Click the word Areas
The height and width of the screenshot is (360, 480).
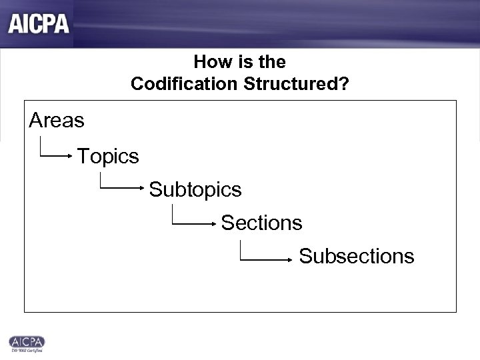57,121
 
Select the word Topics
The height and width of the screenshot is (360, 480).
108,157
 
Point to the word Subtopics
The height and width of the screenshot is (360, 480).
195,190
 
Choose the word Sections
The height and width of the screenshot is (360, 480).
261,223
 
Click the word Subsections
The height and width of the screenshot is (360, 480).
357,256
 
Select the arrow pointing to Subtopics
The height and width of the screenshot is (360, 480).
123,189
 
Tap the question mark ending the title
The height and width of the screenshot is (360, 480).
344,85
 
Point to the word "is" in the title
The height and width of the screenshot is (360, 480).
242,62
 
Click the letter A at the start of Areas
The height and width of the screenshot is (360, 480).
35,121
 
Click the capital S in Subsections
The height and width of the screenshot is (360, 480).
305,256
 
